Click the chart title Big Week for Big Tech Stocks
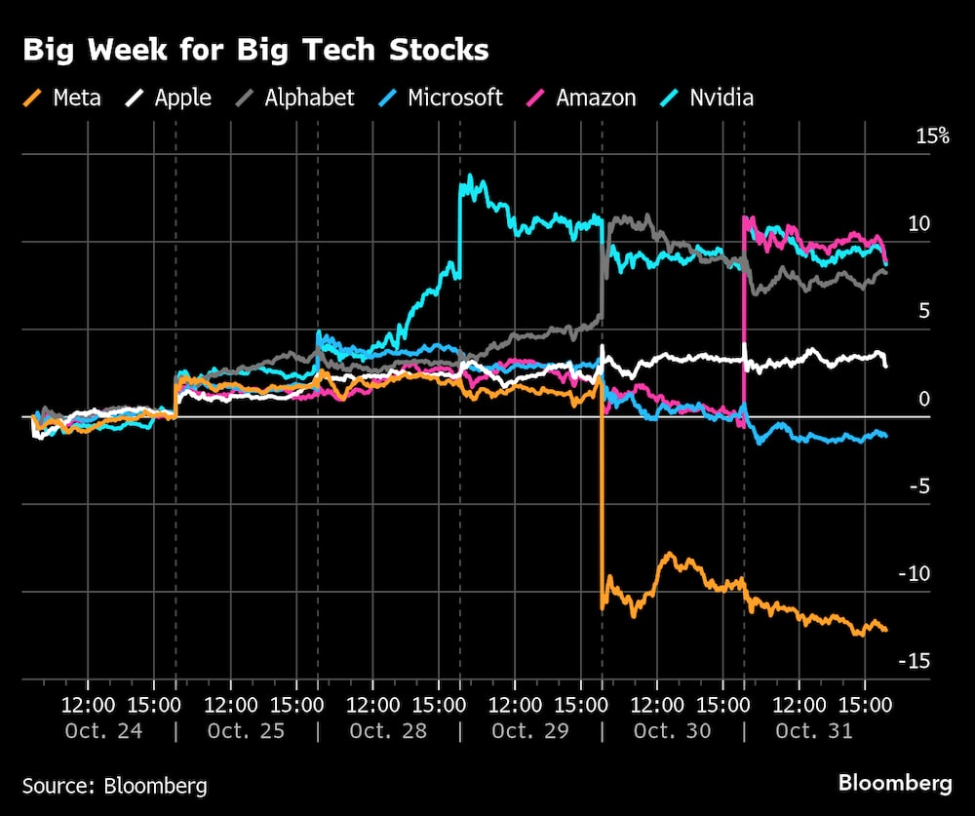(x=255, y=50)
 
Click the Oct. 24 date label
(x=103, y=730)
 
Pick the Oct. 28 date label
(x=388, y=730)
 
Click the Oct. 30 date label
(x=672, y=730)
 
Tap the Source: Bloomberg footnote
(x=114, y=785)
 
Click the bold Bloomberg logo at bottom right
(x=895, y=782)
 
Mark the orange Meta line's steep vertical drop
(x=602, y=497)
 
